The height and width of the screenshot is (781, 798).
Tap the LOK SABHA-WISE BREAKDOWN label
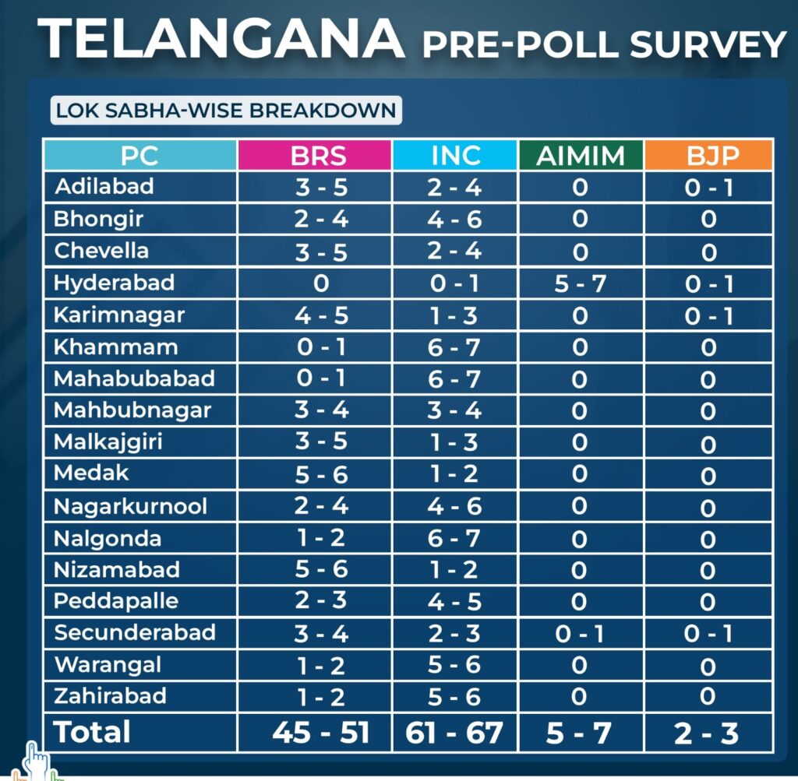[226, 110]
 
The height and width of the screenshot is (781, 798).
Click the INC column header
[456, 156]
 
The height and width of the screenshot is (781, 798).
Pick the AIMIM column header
[580, 156]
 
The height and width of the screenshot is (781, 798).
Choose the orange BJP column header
[708, 156]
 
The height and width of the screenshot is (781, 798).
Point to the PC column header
[139, 156]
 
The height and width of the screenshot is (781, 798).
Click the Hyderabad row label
[114, 283]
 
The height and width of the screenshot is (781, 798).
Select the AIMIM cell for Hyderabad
[580, 283]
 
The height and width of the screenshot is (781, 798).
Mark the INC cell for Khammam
[456, 347]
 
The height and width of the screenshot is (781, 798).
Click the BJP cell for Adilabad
[708, 188]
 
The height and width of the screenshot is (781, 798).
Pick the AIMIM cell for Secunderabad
[580, 633]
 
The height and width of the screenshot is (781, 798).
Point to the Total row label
[92, 732]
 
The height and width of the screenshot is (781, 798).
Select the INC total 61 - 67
[456, 733]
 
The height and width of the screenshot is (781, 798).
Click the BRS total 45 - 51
[321, 733]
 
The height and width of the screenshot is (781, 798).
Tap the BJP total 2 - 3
[708, 733]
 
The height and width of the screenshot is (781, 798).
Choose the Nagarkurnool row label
[130, 506]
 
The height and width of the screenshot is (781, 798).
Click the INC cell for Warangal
[456, 665]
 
